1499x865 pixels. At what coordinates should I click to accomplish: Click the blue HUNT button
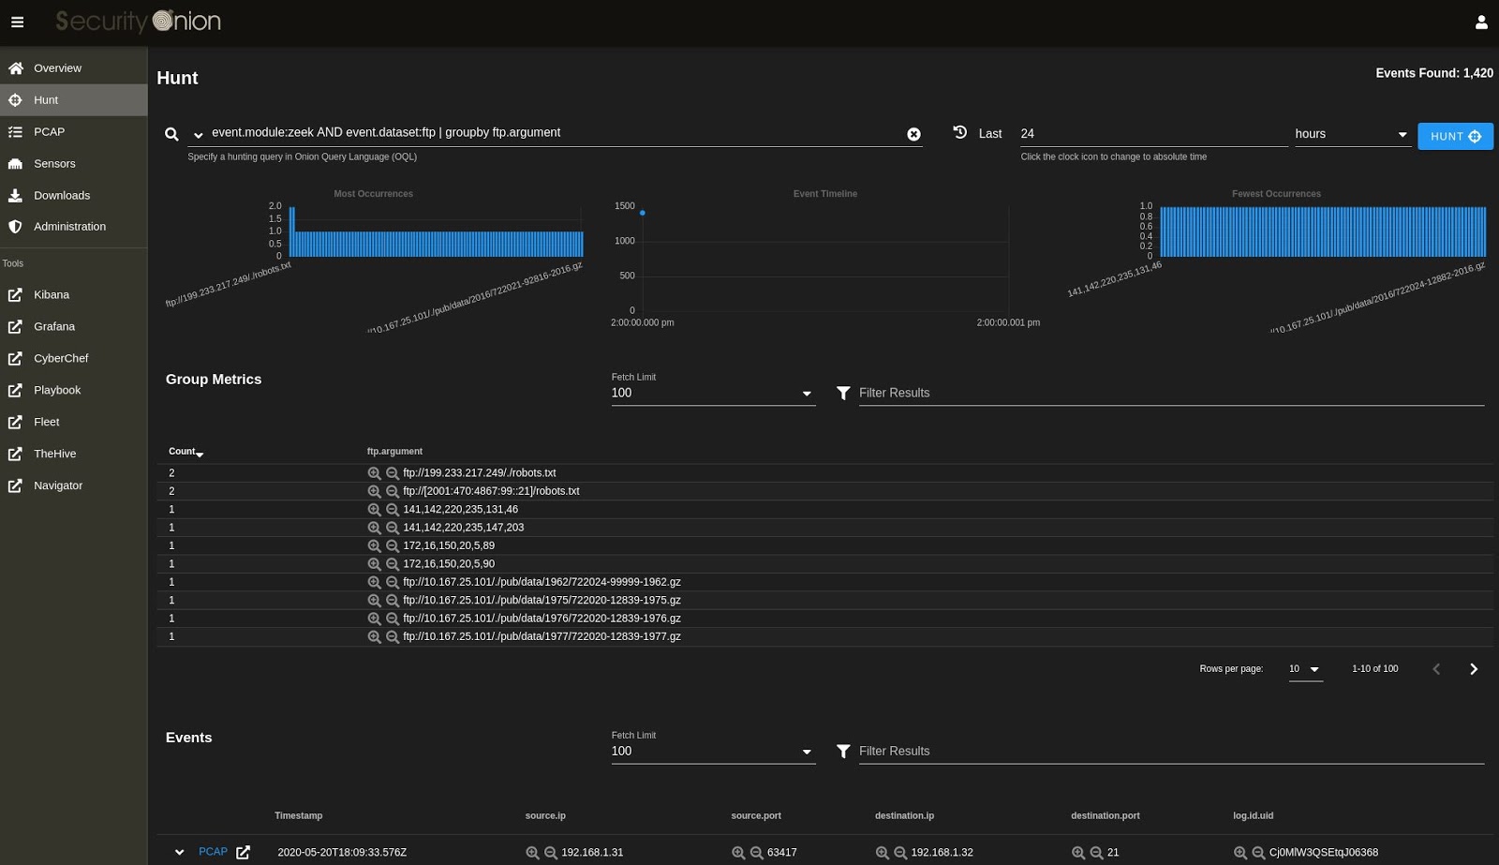1454,136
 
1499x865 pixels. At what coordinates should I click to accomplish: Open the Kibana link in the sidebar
52,294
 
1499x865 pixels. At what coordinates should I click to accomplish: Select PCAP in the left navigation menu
49,131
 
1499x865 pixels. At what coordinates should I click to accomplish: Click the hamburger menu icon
17,22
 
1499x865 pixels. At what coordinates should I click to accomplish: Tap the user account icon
1481,22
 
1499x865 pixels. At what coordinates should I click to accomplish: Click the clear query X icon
913,134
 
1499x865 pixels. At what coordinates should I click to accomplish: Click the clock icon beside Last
960,132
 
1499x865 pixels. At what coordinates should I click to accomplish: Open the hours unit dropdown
1351,134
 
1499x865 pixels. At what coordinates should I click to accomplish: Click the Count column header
183,451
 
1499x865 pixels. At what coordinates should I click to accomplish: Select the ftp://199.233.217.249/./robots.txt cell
479,473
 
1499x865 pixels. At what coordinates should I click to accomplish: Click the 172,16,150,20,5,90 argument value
449,564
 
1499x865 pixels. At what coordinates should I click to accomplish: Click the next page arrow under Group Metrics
1474,669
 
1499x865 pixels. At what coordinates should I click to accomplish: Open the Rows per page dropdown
1304,669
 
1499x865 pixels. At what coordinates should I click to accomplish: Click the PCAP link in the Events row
213,852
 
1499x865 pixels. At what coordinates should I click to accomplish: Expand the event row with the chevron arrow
179,853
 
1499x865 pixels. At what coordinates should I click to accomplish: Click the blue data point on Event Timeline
642,213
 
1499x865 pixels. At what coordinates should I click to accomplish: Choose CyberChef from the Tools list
61,358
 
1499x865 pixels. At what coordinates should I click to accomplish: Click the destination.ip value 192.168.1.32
942,853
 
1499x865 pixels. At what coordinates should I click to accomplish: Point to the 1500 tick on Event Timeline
624,206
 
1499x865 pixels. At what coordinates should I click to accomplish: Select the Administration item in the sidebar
69,226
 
